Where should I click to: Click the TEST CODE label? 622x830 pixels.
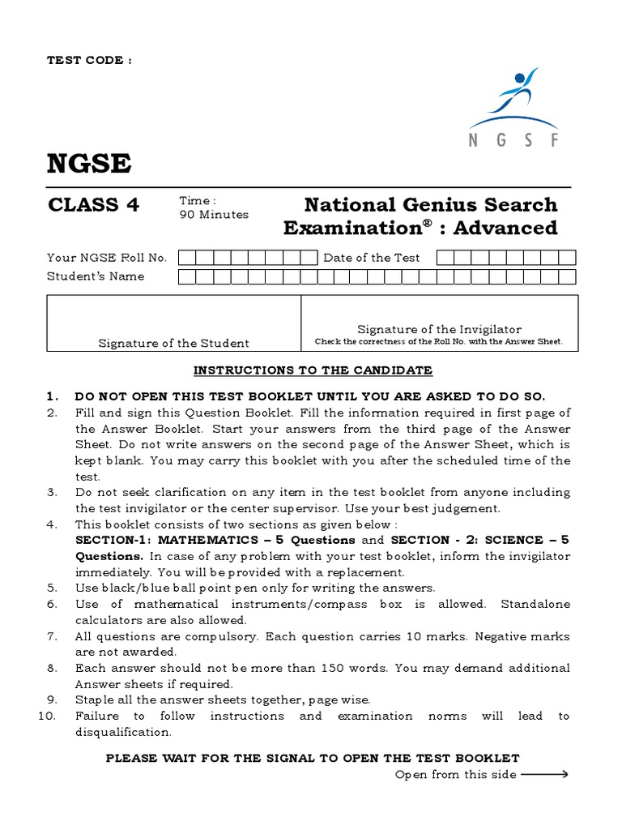tap(89, 60)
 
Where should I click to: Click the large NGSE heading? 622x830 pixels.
tap(89, 164)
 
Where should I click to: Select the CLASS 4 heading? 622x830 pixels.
tap(93, 205)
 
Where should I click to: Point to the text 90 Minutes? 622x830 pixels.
tap(213, 215)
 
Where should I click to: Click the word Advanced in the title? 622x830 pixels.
tap(505, 228)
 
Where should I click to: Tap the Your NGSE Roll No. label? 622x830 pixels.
tap(107, 258)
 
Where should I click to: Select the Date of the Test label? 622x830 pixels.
tap(372, 258)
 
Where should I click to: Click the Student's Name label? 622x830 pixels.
tap(96, 276)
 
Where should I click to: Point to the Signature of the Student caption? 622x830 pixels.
tap(173, 343)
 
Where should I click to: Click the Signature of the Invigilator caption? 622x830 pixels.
tap(439, 329)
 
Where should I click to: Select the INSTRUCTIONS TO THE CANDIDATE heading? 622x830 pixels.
tap(313, 370)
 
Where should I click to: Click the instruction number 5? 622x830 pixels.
tap(52, 588)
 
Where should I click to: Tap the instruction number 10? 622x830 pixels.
tap(48, 716)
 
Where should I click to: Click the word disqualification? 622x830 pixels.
tap(123, 732)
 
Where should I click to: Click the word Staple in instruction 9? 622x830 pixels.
tap(94, 700)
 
